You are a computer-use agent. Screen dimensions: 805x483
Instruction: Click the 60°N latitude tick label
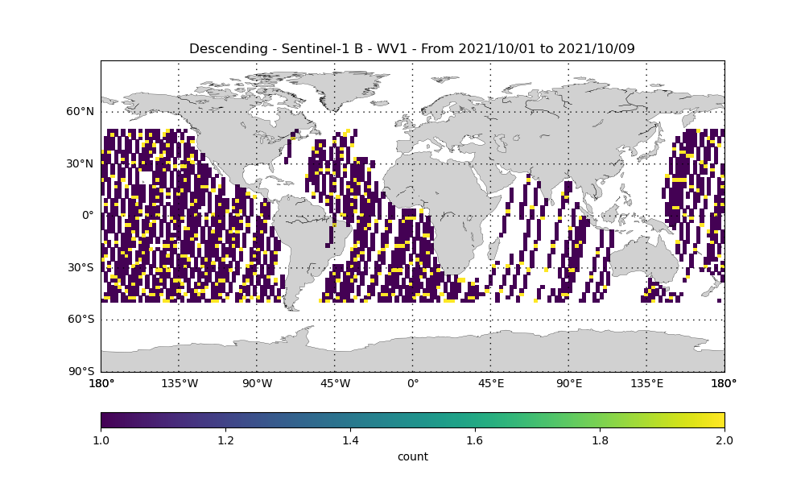coord(80,111)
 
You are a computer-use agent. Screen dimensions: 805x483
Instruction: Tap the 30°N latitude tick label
coord(80,163)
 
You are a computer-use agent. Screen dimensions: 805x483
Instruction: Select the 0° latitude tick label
coord(89,216)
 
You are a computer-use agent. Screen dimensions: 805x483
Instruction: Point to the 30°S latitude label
coord(80,267)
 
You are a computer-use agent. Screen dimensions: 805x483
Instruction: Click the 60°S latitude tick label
coord(80,320)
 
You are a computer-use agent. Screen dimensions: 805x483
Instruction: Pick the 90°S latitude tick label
coord(80,371)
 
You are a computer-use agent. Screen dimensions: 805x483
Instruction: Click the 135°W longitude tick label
coord(180,383)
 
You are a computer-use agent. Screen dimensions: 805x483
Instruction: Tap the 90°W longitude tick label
coord(258,383)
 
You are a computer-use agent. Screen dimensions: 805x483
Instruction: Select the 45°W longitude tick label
coord(335,383)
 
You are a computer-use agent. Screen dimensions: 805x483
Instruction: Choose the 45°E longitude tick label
coord(491,383)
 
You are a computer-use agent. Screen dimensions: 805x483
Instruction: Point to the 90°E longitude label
coord(569,383)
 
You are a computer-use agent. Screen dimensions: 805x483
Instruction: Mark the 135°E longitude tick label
coord(647,383)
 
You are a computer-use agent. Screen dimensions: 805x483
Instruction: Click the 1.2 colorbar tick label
coord(226,440)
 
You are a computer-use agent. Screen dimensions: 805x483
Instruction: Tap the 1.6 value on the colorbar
coord(476,440)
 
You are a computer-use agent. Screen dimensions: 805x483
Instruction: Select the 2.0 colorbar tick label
coord(725,440)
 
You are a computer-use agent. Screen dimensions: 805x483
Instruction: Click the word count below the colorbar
coord(413,456)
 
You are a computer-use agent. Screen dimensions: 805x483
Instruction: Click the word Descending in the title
coord(229,49)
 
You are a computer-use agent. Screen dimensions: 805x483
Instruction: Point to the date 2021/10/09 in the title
coord(597,49)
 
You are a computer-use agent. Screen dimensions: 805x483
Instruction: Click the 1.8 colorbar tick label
coord(601,440)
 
